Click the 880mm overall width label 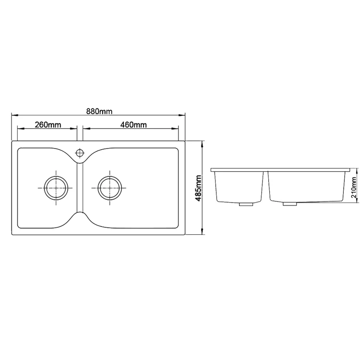pos(99,111)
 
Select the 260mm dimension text pos(48,125)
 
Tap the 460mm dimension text pos(133,125)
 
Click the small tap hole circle pos(80,153)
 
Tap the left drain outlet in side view pos(246,204)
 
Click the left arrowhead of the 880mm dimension pos(13,116)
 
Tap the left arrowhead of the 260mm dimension pos(20,129)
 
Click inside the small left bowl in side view pos(239,186)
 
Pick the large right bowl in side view pos(307,186)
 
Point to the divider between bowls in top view pos(80,188)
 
